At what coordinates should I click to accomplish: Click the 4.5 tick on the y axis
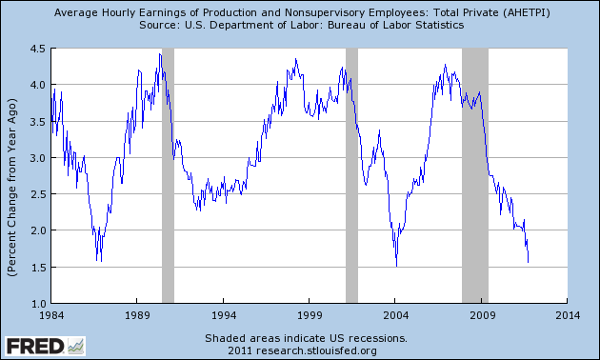click(37, 49)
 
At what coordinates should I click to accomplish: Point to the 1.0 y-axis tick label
click(37, 303)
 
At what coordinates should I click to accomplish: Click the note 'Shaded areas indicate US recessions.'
click(305, 338)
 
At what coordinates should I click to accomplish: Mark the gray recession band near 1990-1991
click(168, 176)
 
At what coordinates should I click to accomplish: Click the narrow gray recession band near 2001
click(351, 176)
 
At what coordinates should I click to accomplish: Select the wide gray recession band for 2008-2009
click(475, 176)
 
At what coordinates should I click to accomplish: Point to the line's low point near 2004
click(396, 266)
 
